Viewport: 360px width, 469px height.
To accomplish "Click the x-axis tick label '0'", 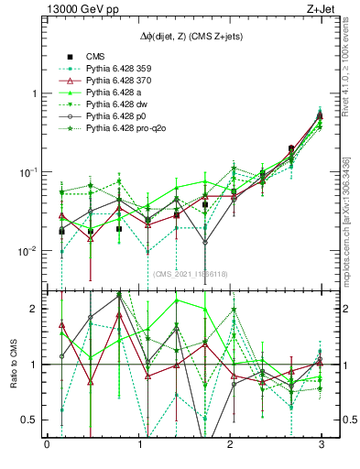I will pyautogui.click(x=47, y=445).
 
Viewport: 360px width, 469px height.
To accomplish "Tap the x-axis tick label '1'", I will pyautogui.click(x=138, y=445).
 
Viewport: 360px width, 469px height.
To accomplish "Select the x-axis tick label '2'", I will pyautogui.click(x=229, y=445).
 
